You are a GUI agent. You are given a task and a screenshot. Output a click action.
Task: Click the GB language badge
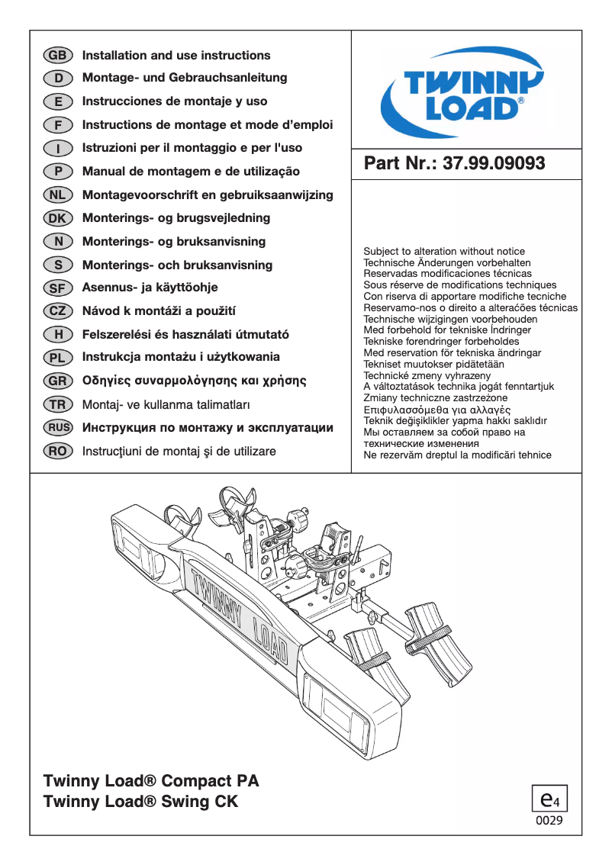[57, 56]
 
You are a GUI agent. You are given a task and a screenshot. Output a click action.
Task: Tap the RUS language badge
[58, 428]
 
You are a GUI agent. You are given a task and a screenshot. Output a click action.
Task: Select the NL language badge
[57, 195]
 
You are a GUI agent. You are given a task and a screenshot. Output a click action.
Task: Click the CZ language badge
[57, 311]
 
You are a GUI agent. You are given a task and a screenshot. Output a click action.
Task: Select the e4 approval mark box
[549, 799]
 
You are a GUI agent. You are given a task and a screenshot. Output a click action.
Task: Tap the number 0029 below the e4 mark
[549, 822]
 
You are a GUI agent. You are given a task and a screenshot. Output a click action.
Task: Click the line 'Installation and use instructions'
[176, 56]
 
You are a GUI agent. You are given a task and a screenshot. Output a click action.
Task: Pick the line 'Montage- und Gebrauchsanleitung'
[185, 78]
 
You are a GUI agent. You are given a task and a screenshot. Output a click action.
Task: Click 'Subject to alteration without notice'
[444, 251]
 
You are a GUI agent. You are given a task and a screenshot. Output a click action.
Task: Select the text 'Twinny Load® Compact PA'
[151, 781]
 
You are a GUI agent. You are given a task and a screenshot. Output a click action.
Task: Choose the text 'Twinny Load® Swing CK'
[141, 802]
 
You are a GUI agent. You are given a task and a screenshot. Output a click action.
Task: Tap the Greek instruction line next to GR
[194, 381]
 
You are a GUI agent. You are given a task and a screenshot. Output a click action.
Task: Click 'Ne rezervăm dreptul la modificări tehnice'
[457, 455]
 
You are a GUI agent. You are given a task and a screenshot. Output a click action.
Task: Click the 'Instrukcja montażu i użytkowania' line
[181, 357]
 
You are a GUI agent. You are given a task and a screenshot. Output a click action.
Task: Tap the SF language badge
[57, 288]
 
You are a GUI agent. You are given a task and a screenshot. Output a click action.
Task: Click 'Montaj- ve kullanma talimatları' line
[166, 404]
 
